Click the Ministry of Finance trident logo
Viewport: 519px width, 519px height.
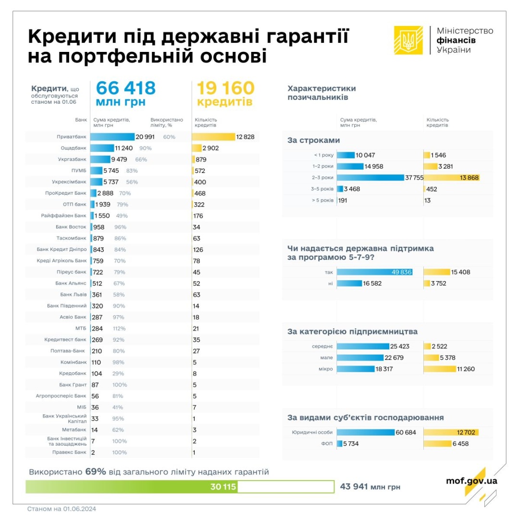408,40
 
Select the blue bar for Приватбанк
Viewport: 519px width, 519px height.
112,137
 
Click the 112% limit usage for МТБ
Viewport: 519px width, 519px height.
119,328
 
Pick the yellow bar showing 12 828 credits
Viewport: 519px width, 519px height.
213,137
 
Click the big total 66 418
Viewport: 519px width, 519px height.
126,88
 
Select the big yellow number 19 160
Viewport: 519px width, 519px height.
223,88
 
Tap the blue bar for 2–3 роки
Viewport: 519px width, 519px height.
371,178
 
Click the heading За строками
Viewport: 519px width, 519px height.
313,140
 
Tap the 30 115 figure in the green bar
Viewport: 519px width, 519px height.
223,487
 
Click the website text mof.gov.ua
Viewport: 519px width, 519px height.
471,481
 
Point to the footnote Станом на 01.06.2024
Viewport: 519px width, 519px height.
62,509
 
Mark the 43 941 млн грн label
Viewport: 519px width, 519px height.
370,487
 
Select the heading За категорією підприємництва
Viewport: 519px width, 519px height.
352,332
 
